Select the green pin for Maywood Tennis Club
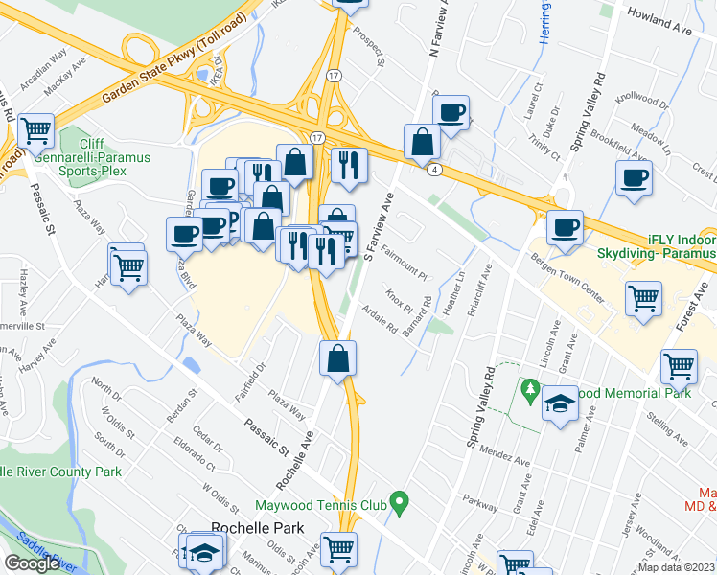402,500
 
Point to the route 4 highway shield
435,170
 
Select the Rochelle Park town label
257,528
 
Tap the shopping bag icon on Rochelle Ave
337,359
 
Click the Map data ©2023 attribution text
676,567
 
